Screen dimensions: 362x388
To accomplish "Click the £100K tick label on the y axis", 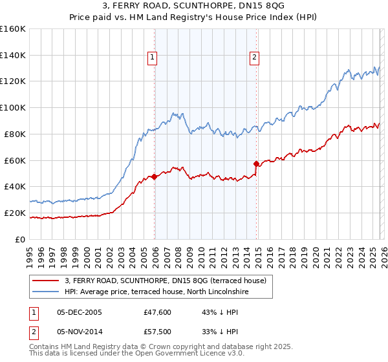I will point(13,107).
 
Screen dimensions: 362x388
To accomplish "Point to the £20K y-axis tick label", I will point(14,213).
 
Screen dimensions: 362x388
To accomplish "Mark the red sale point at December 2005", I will point(154,176).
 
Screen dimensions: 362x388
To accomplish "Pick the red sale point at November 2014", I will point(256,163).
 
